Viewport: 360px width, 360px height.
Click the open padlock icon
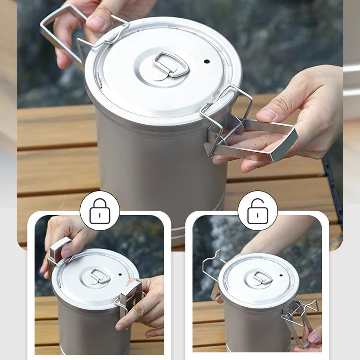click(x=257, y=211)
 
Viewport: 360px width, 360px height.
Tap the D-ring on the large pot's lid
click(x=171, y=64)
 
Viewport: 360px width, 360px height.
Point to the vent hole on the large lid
click(x=207, y=61)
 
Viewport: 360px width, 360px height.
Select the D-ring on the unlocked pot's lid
click(x=262, y=277)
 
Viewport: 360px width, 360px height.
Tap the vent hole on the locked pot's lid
click(x=120, y=274)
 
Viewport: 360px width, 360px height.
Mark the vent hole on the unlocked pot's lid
click(x=280, y=275)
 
